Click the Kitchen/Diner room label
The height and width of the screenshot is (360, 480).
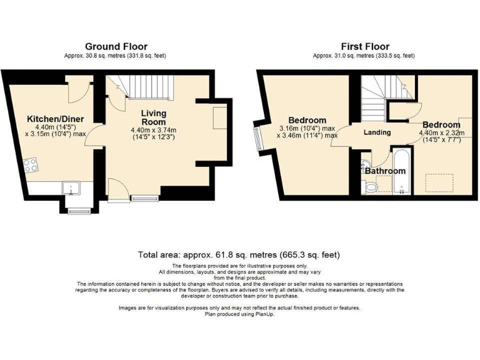click(55, 119)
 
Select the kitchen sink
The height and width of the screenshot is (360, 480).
click(70, 187)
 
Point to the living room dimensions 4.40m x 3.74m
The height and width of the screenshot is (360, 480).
click(153, 134)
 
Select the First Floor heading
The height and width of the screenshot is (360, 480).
click(364, 46)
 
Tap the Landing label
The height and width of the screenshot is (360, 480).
click(377, 132)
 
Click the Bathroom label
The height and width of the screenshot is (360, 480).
click(386, 170)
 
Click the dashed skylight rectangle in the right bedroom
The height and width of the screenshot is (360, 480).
click(439, 182)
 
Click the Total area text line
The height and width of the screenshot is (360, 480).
click(239, 255)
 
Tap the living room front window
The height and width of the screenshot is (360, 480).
click(144, 199)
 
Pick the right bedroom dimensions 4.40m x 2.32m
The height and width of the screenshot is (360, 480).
click(441, 136)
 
